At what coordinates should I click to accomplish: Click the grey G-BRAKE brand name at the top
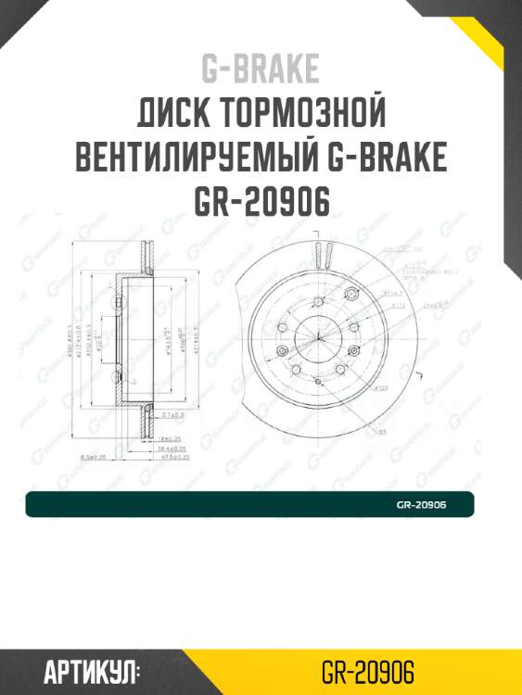261,69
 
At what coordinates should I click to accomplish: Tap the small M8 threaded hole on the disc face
317,380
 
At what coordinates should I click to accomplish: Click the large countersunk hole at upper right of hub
350,293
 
